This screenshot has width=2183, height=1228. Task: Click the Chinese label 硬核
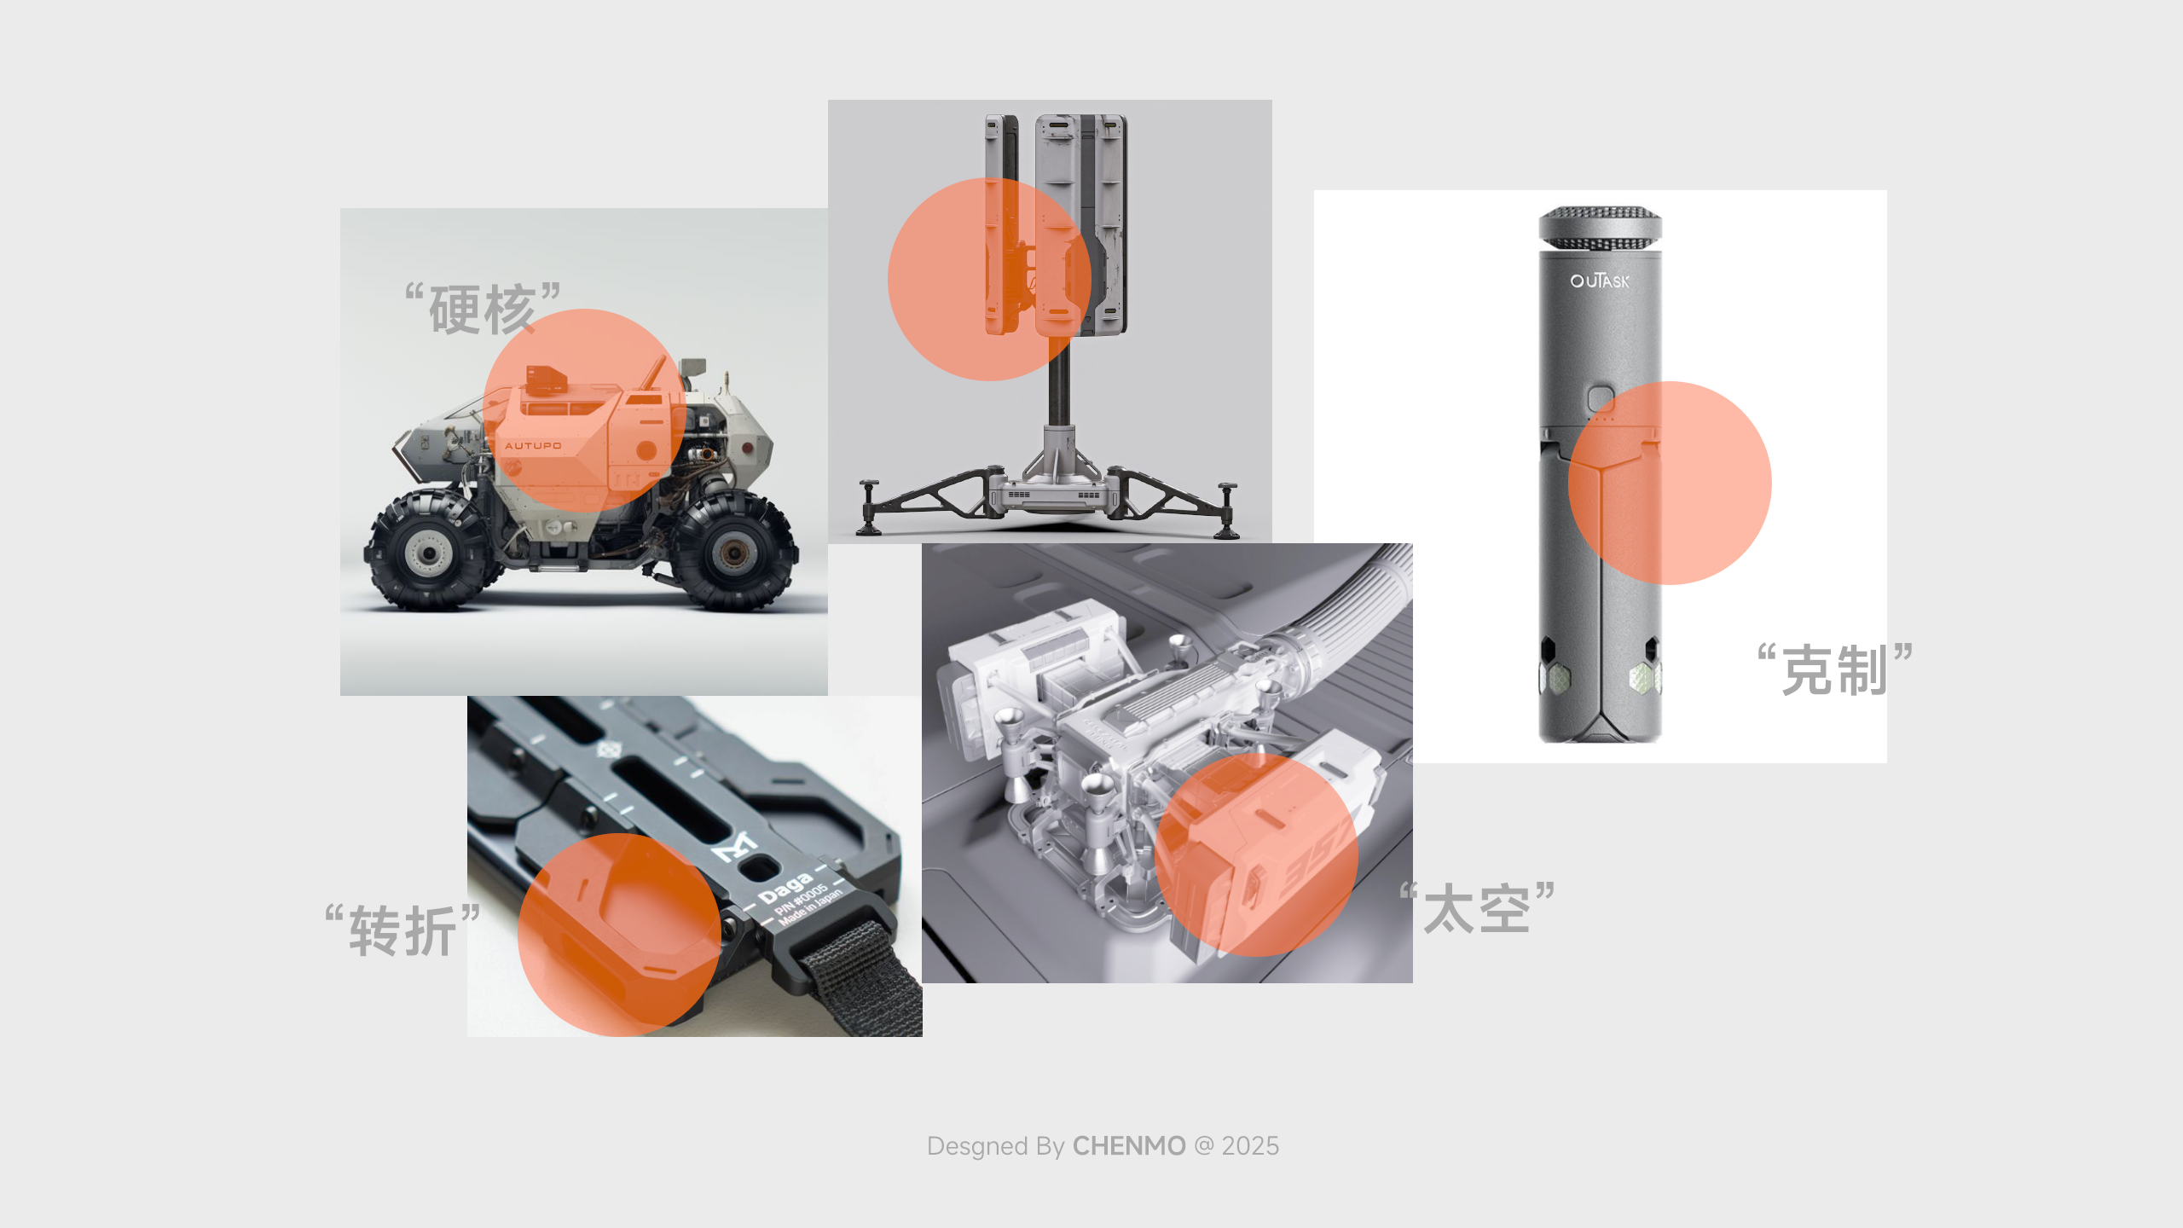(483, 309)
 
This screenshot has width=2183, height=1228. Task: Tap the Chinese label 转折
(402, 930)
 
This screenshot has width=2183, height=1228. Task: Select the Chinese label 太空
(1477, 909)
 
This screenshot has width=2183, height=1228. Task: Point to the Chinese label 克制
(1834, 671)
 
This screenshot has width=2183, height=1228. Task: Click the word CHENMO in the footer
(1128, 1146)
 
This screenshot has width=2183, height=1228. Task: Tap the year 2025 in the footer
(1250, 1146)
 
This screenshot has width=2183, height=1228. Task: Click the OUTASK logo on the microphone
(1599, 281)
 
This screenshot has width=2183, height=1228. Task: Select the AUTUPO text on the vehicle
(533, 445)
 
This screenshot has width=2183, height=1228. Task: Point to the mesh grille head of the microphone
(1600, 227)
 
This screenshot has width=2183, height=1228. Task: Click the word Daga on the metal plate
(785, 888)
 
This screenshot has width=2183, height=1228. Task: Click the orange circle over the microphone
(1670, 483)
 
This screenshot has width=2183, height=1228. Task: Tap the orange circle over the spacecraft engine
(1255, 854)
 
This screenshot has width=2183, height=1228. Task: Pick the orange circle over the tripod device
(989, 279)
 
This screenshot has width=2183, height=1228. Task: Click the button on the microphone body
(1601, 398)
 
